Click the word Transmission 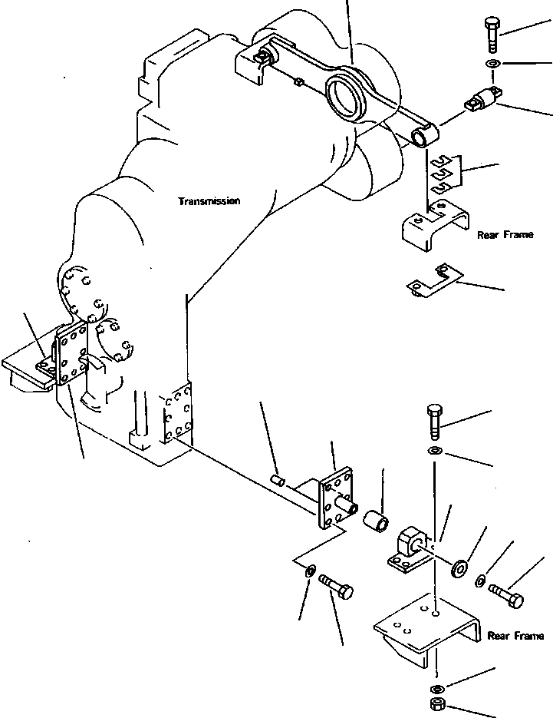[209, 201]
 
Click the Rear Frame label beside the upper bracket [504, 235]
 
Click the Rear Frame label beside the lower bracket [515, 636]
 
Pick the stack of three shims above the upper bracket [443, 174]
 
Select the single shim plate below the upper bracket [432, 281]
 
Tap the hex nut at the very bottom [436, 706]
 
